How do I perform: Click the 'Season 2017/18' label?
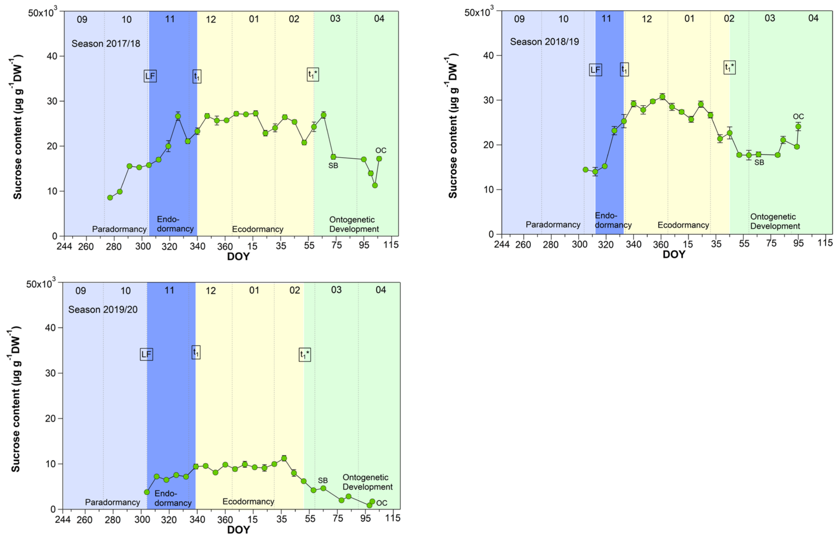[x=105, y=44]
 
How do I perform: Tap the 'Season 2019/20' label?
[x=103, y=309]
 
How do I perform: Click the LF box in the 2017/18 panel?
[x=150, y=76]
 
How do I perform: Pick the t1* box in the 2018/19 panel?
[x=729, y=67]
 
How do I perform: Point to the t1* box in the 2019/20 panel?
[x=304, y=355]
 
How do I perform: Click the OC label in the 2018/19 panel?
[x=798, y=116]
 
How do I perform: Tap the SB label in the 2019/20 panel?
[x=323, y=481]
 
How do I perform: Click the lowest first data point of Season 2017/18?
[x=110, y=198]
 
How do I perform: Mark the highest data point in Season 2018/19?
[x=662, y=97]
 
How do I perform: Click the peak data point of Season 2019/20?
[x=284, y=458]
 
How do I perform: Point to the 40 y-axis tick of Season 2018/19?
[x=488, y=55]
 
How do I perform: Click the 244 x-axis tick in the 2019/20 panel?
[x=63, y=519]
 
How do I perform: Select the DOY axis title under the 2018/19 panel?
[x=674, y=254]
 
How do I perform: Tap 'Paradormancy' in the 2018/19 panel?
[x=553, y=225]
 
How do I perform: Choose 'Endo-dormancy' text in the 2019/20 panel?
[x=172, y=498]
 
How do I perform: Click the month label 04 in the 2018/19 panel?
[x=813, y=18]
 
